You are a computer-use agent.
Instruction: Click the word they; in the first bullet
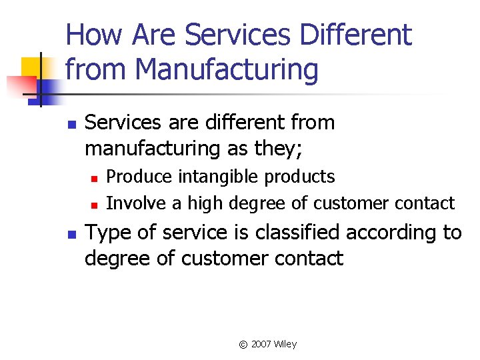click(x=275, y=149)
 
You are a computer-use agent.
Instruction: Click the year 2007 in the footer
click(x=262, y=344)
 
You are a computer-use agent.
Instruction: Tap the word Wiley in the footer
click(x=286, y=344)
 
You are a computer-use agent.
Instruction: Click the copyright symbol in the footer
click(x=243, y=345)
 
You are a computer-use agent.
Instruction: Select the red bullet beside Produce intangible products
click(x=95, y=178)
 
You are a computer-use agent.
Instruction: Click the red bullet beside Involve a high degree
click(x=95, y=204)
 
